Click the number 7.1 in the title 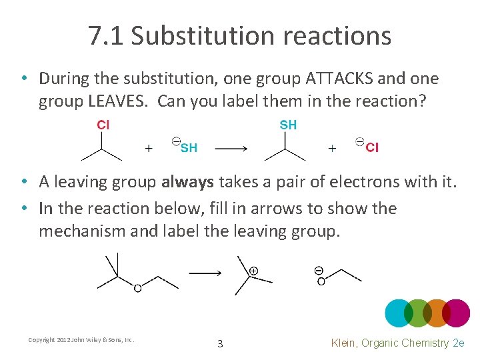coord(106,36)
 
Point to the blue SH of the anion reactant coord(189,148)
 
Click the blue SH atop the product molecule coord(288,125)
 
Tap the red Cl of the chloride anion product coord(372,148)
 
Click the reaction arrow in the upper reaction coord(231,149)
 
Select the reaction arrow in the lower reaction coord(206,273)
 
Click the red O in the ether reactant coord(137,288)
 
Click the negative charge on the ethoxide coord(319,271)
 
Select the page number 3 coord(220,344)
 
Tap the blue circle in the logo coord(399,313)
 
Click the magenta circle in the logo coord(456,313)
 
